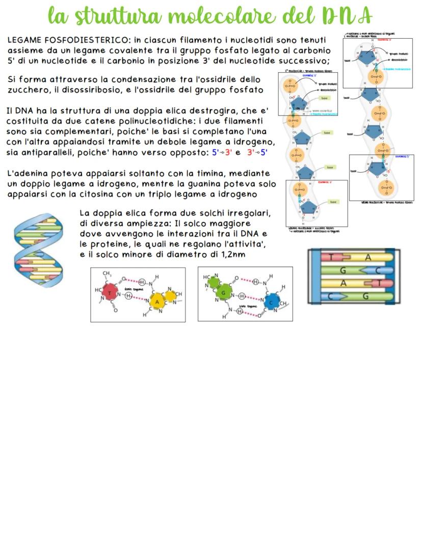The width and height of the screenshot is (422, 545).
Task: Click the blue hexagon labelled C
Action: (x=272, y=302)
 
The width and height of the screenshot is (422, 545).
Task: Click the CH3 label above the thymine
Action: (x=107, y=274)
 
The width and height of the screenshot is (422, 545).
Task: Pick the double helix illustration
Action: (x=38, y=249)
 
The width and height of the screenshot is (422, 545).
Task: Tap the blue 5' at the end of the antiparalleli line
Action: (x=264, y=152)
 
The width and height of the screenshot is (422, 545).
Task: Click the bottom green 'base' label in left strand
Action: (x=333, y=202)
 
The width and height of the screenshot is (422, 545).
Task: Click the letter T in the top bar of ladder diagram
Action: (x=332, y=257)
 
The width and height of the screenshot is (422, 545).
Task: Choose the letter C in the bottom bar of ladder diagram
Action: (x=332, y=296)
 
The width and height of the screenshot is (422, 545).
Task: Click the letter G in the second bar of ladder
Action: (x=344, y=270)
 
